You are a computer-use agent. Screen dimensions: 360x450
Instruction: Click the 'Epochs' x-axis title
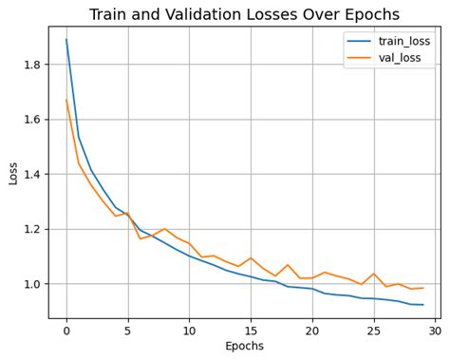[244, 346]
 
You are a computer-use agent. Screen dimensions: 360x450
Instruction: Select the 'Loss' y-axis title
[12, 172]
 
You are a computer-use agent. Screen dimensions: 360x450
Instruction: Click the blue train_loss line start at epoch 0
[66, 40]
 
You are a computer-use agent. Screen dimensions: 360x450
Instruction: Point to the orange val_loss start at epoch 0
[66, 100]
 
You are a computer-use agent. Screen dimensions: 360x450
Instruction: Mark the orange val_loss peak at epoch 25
[374, 274]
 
